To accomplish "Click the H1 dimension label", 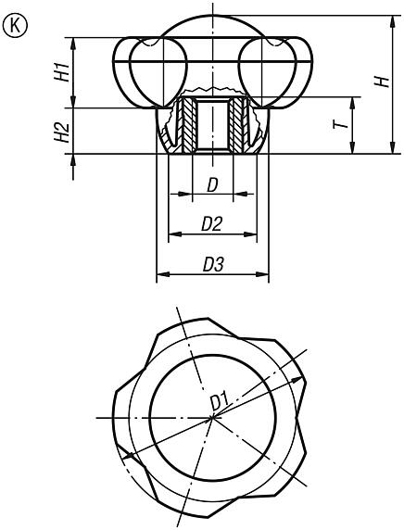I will (60, 72).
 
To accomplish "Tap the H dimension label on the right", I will (380, 82).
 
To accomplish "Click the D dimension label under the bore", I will (212, 185).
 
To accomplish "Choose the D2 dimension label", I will (212, 223).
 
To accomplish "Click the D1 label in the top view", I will (220, 401).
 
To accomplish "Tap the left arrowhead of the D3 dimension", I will (160, 275).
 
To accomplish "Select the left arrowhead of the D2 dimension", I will (172, 234).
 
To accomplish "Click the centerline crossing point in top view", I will (212, 418).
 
